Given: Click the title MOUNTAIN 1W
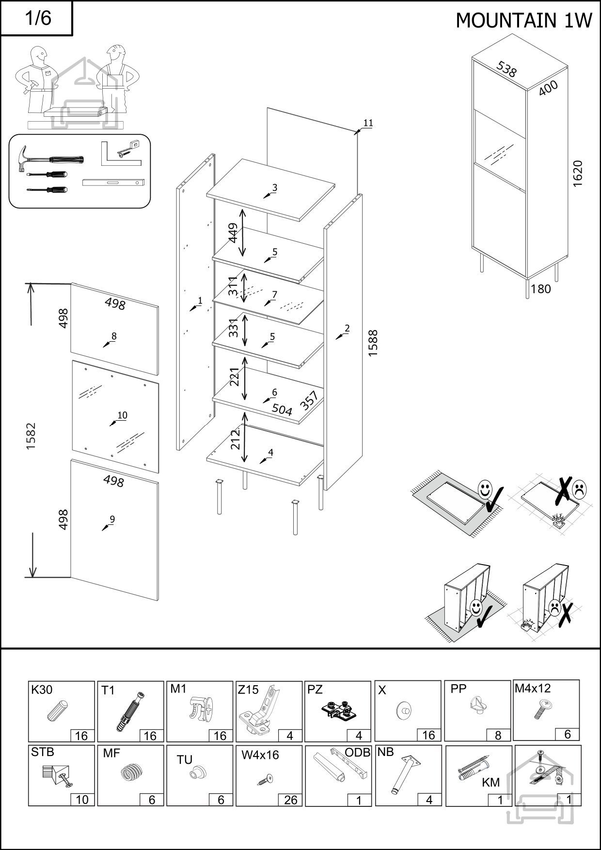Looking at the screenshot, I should [523, 20].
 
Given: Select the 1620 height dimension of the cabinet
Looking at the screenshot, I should [577, 173].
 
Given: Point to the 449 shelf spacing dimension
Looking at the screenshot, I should [233, 233].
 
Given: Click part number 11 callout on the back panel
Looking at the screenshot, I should [368, 123].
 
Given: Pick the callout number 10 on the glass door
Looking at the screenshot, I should [122, 415].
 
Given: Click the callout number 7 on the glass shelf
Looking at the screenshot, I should [274, 295].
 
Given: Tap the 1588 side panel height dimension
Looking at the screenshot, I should [373, 343].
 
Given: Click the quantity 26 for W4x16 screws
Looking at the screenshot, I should [290, 800].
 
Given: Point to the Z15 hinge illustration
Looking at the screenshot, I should [258, 713].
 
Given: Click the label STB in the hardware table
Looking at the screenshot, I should [43, 753].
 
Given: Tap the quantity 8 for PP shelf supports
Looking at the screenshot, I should [498, 735].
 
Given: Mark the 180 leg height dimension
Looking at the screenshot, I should [540, 289].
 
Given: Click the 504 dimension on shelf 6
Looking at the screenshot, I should [282, 409].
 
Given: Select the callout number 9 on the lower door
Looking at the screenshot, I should [112, 519].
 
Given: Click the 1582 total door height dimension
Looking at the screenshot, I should [32, 436].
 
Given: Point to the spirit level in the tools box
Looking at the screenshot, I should [113, 183].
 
